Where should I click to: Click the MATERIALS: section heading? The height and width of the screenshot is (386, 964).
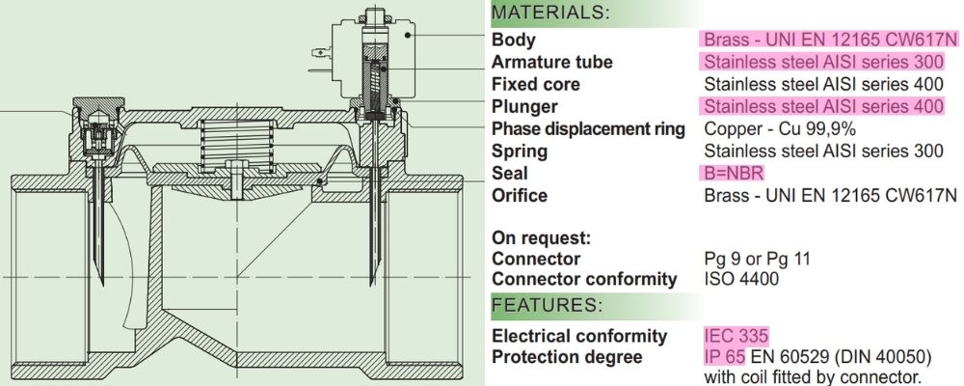click(x=550, y=14)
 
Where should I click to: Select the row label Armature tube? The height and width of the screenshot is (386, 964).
click(x=551, y=63)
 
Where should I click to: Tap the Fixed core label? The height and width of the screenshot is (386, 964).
click(x=536, y=85)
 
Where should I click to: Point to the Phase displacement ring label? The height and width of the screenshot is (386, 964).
click(x=588, y=129)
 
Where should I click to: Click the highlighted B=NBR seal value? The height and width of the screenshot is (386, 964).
click(x=734, y=174)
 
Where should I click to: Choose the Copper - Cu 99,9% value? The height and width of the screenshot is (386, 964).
click(x=780, y=129)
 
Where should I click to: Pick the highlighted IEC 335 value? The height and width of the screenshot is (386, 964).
click(x=736, y=336)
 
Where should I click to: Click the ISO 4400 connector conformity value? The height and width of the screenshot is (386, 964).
click(x=743, y=280)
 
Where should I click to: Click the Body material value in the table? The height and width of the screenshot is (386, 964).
click(x=830, y=41)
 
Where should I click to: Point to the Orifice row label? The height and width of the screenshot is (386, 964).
click(x=519, y=196)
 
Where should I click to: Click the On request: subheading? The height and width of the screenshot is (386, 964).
click(x=540, y=237)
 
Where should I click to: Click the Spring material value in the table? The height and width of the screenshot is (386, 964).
click(x=823, y=152)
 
